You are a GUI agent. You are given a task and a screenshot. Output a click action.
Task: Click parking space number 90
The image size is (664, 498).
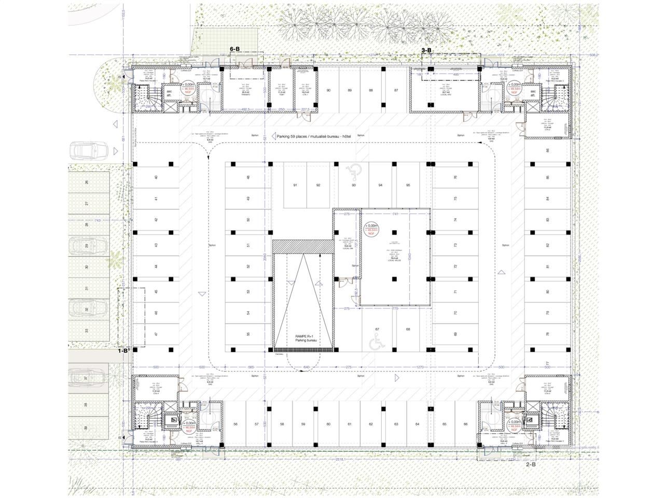[328, 91]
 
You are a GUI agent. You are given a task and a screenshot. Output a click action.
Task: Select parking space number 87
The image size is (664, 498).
[396, 91]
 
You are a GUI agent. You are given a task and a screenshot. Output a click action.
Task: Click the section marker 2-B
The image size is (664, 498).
[531, 464]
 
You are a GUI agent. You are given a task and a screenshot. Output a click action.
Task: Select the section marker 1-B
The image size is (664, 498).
[123, 350]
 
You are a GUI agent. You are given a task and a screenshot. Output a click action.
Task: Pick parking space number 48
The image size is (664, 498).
[248, 177]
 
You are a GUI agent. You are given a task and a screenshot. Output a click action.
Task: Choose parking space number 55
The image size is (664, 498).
[248, 335]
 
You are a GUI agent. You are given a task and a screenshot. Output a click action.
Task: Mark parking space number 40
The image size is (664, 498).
[156, 177]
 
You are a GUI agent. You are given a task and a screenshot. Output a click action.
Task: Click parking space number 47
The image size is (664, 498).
[156, 335]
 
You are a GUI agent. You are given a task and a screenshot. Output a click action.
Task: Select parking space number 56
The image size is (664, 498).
[236, 424]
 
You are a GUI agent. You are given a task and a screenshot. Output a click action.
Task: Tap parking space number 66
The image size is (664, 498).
[466, 424]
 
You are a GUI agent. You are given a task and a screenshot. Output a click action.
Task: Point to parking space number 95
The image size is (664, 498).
[408, 185]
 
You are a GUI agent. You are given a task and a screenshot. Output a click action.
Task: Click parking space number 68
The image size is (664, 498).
[408, 329]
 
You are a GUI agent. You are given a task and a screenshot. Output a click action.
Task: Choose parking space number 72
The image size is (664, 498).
[455, 267]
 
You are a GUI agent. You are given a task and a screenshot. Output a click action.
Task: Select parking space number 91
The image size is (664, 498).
[295, 185]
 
